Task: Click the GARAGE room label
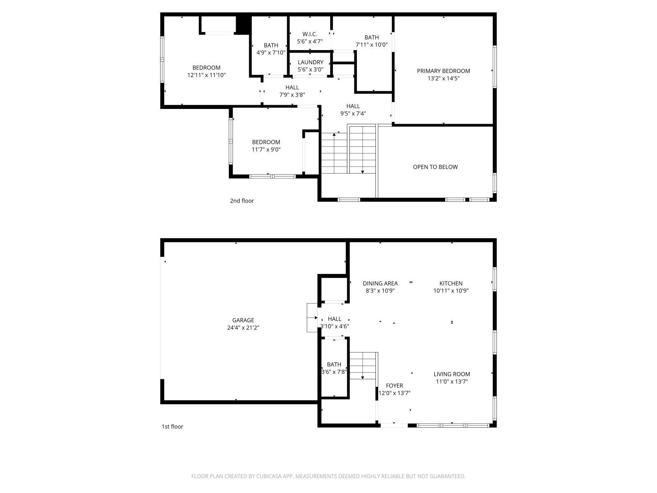[243, 320]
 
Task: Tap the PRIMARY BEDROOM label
[443, 71]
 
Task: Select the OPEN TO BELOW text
[435, 167]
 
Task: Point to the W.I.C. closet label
[310, 34]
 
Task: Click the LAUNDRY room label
[310, 62]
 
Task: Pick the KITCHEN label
[451, 283]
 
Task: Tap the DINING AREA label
[380, 283]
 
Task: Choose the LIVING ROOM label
[452, 374]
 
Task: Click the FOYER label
[394, 385]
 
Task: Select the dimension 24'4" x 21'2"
[243, 327]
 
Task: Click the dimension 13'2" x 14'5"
[443, 78]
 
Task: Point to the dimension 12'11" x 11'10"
[206, 75]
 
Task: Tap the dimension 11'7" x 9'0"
[266, 150]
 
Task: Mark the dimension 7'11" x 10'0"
[372, 45]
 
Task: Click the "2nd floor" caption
[241, 201]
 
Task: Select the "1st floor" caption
[172, 426]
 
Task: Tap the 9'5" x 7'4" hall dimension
[353, 113]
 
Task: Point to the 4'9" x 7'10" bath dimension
[271, 53]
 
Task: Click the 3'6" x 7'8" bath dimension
[334, 372]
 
